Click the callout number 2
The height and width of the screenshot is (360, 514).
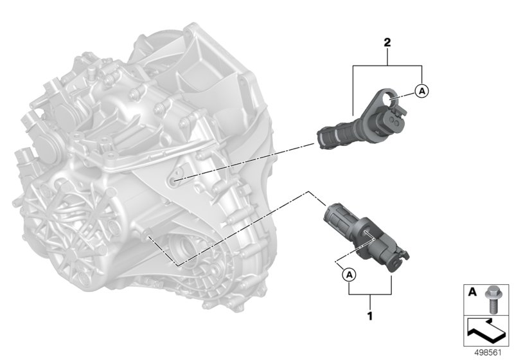387,42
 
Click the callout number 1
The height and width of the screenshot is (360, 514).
370,316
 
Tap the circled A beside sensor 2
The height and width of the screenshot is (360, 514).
422,91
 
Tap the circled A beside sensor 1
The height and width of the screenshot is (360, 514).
349,274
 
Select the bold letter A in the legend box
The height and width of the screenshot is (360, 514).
472,292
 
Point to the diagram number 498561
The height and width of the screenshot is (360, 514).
488,352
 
